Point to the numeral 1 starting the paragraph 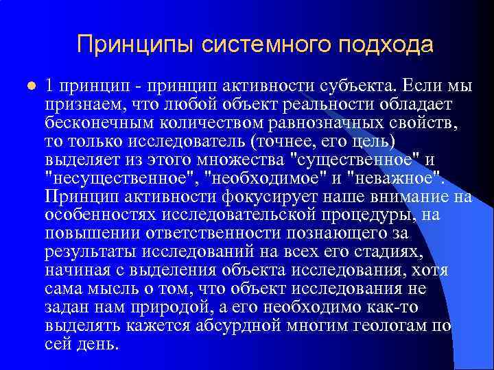(49, 86)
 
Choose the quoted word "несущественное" (121, 180)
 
